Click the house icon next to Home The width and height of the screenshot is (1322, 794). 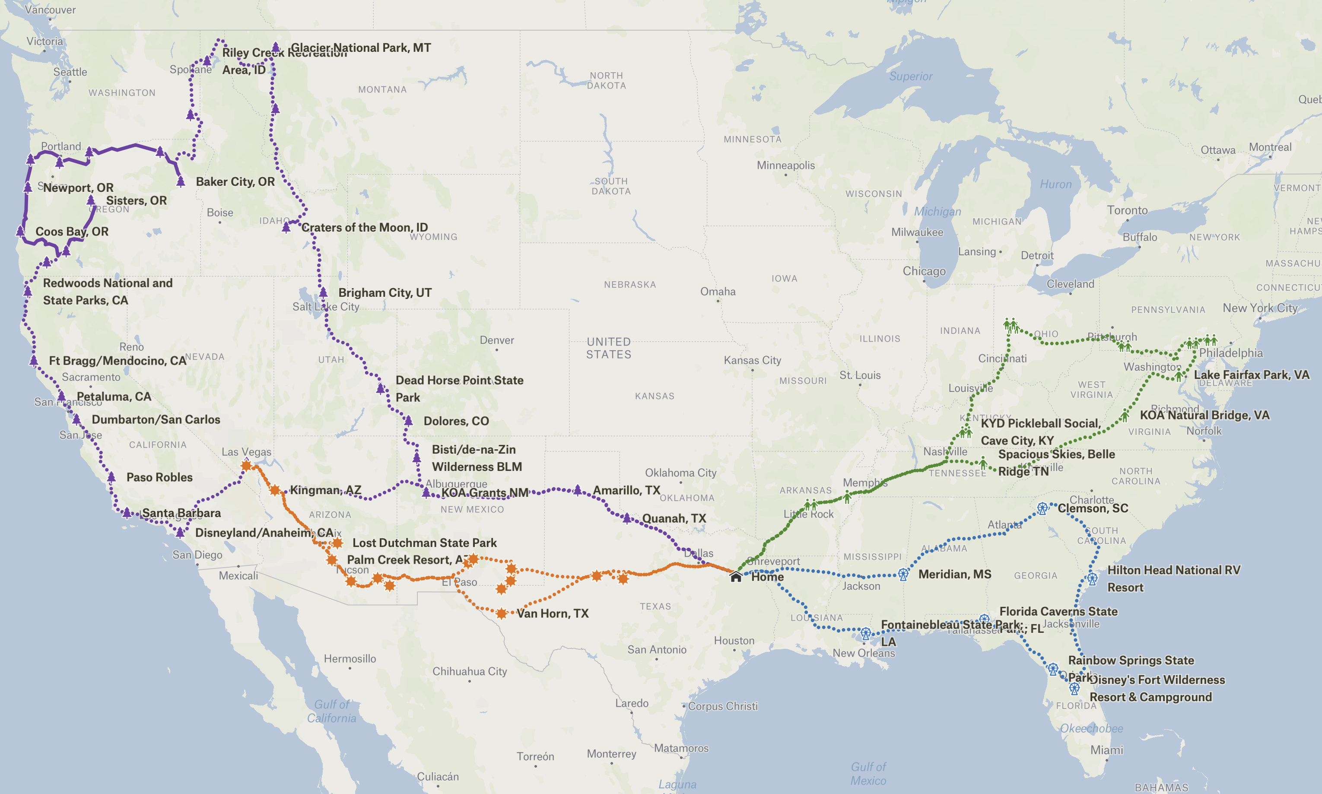point(736,576)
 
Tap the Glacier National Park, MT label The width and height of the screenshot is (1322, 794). point(361,48)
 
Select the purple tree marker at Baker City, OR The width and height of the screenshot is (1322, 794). point(181,181)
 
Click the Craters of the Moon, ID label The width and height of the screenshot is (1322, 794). point(364,227)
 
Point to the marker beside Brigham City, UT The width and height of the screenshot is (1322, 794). point(323,292)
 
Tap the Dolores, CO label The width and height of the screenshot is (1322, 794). point(456,421)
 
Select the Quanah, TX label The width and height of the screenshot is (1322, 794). point(674,518)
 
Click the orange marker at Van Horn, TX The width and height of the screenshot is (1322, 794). point(501,613)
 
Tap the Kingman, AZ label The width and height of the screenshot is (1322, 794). point(325,490)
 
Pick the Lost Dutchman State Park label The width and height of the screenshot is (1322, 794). point(424,543)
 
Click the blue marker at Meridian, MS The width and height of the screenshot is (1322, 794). point(903,574)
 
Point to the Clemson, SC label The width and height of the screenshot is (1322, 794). point(1093,508)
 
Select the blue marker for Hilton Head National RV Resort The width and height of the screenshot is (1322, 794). point(1093,579)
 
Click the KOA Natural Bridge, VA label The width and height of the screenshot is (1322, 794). point(1204,415)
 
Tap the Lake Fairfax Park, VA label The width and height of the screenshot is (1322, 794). point(1252,375)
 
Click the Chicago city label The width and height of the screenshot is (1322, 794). point(924,271)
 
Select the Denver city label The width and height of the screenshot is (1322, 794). point(496,340)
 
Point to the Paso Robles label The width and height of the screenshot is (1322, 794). point(159,477)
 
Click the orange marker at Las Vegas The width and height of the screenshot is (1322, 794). point(246,465)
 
